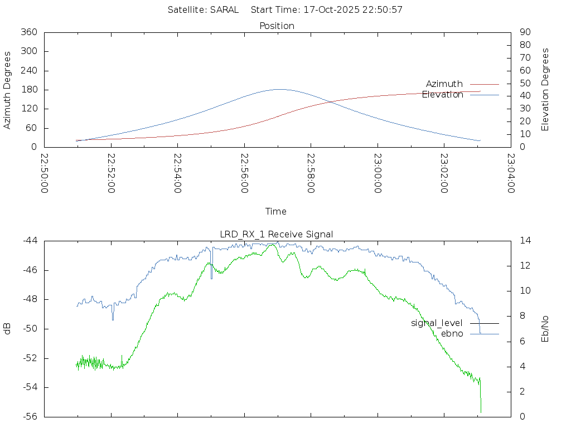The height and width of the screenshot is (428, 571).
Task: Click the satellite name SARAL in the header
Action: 224,9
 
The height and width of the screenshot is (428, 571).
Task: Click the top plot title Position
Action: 277,26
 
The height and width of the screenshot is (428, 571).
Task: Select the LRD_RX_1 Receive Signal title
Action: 277,234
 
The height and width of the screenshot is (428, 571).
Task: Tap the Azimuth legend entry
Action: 444,84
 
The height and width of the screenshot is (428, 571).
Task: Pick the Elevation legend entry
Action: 443,95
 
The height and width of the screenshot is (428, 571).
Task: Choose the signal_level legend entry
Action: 437,323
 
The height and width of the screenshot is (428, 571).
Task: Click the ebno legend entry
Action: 452,333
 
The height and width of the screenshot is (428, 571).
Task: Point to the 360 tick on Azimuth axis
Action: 28,32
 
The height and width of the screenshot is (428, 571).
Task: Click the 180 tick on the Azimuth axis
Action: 28,90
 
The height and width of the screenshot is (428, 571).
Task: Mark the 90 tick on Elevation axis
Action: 524,32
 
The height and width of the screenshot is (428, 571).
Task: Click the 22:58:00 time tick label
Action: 311,173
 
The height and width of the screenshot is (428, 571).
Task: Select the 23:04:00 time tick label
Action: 510,173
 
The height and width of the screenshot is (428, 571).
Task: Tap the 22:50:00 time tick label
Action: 45,173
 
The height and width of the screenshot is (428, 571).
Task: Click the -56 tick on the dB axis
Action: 30,416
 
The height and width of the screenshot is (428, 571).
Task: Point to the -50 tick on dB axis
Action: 30,329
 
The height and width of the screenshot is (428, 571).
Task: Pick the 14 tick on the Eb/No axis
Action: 525,241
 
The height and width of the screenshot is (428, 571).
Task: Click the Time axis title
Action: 276,211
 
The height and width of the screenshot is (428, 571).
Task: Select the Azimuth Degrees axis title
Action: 8,90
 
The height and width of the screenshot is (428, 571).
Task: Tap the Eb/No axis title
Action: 546,329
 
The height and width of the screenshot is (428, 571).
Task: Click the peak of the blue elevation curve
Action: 279,89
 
